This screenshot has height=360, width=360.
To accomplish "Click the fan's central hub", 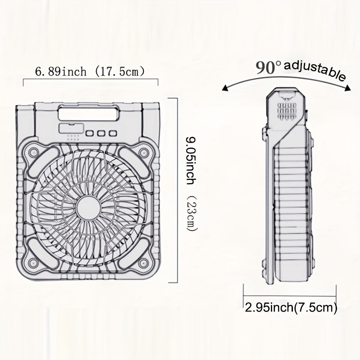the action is tap(88, 208).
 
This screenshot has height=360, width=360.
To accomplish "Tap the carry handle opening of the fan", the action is tap(89, 113).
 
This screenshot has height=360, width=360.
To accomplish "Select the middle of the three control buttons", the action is tap(101, 133).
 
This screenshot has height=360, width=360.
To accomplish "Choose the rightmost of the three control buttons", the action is tap(113, 133).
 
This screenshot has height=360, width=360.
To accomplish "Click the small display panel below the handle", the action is tap(71, 128).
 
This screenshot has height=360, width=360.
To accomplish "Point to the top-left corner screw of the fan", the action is tap(34, 152).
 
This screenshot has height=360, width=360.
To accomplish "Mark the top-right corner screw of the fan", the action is tap(144, 152).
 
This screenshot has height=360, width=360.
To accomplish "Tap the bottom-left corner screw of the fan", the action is tap(33, 262).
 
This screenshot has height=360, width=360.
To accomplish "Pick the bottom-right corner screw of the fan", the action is tap(143, 262).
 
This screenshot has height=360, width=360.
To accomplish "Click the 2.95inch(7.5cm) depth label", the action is tap(291, 307).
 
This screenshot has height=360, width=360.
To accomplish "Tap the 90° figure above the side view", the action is tap(268, 67).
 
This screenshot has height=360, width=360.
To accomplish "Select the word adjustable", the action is tap(315, 70).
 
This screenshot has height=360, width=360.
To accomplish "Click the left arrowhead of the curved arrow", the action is tap(225, 88).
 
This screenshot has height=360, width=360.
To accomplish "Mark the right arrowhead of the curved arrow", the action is tap(348, 88).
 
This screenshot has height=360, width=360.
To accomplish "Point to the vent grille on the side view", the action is tap(287, 111).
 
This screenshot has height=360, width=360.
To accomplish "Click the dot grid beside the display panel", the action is tap(73, 138).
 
